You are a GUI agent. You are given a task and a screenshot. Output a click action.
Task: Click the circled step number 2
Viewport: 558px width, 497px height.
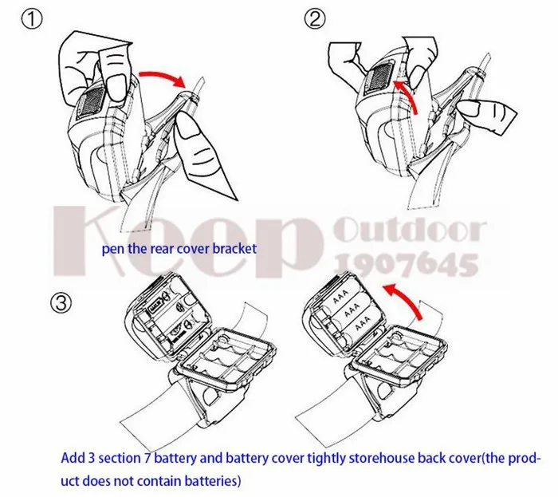316,19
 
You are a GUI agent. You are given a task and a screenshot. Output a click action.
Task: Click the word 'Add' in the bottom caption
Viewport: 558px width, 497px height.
74,460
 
